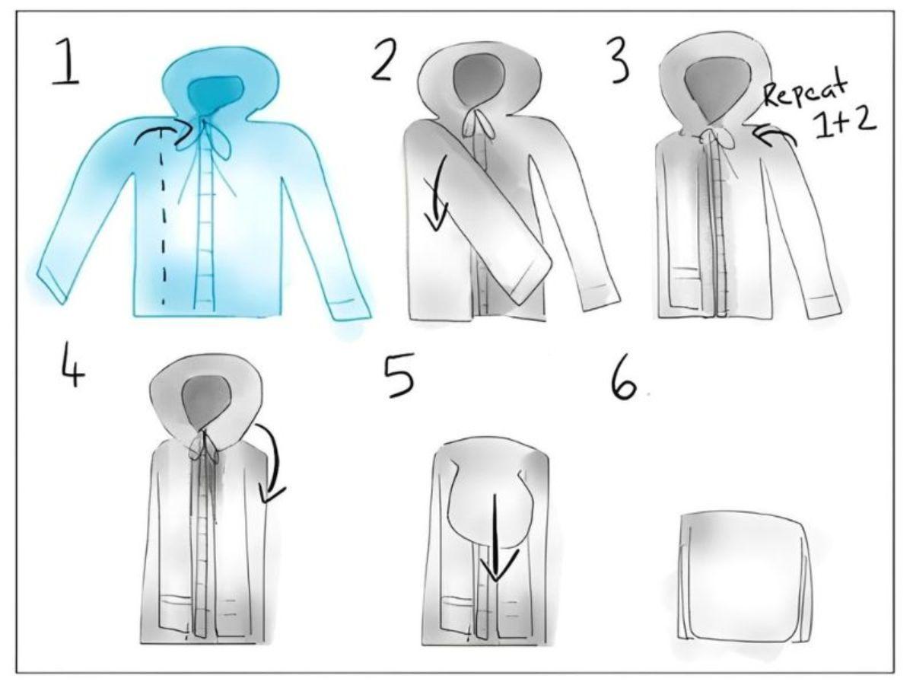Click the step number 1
[66, 62]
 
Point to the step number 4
[73, 367]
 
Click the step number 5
[399, 375]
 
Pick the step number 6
[624, 381]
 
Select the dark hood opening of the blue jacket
[215, 94]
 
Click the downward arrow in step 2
[437, 193]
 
